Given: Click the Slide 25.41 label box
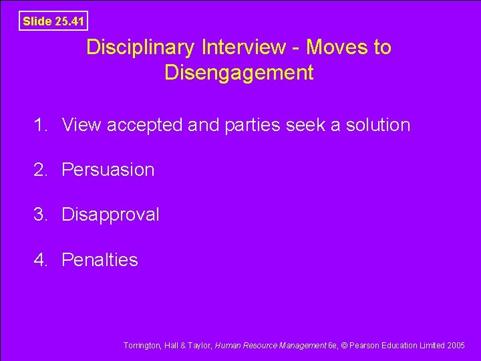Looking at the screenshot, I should pyautogui.click(x=53, y=21).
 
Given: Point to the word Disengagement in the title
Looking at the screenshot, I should pyautogui.click(x=238, y=72).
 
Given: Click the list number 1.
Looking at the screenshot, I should pyautogui.click(x=42, y=125).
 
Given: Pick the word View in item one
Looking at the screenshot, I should pyautogui.click(x=82, y=125).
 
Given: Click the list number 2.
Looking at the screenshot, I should pyautogui.click(x=42, y=170).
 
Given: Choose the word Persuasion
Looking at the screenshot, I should pyautogui.click(x=108, y=170).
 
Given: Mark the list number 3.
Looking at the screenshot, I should pyautogui.click(x=42, y=215).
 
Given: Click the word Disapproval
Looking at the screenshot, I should pyautogui.click(x=110, y=215).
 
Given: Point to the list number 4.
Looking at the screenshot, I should pyautogui.click(x=42, y=259).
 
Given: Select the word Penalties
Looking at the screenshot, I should pyautogui.click(x=100, y=259).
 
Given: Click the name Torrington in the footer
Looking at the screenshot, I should pyautogui.click(x=141, y=346).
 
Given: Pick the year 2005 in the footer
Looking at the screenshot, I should pyautogui.click(x=456, y=346).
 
